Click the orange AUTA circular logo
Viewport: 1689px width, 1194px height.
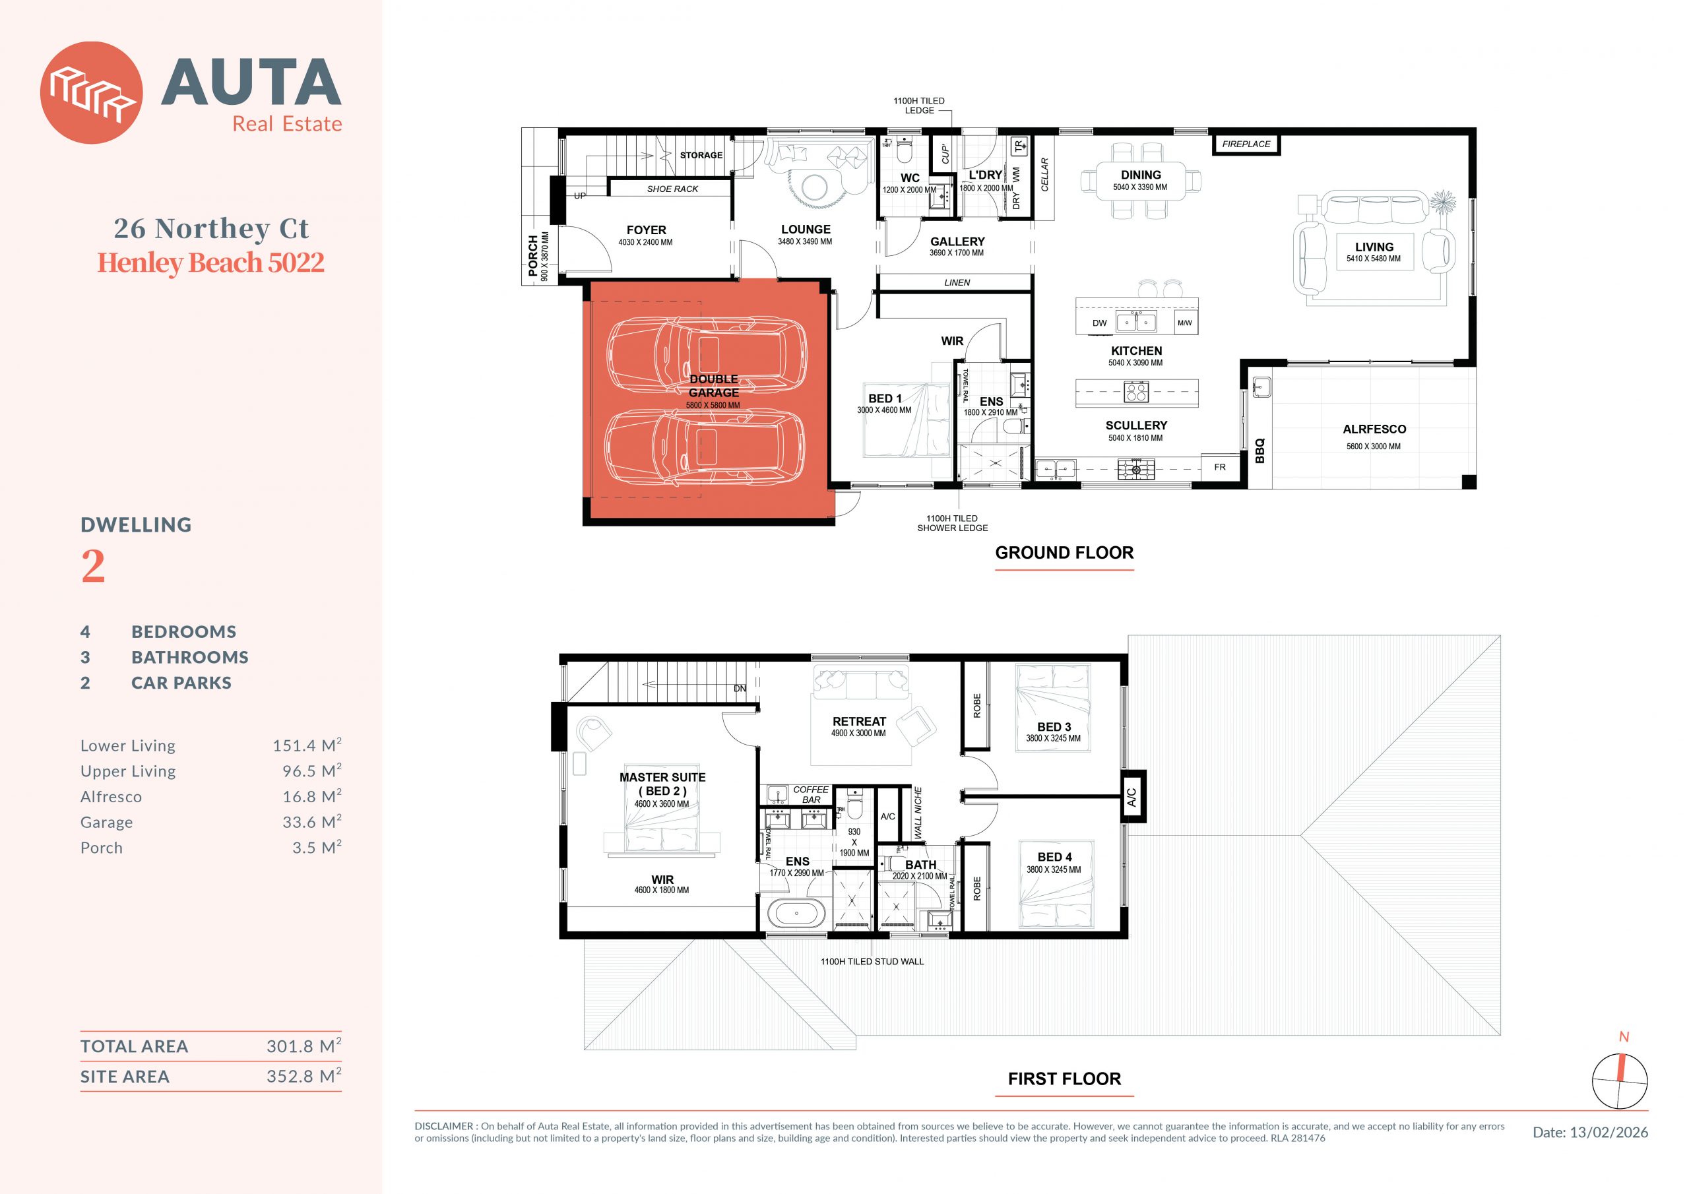tap(91, 93)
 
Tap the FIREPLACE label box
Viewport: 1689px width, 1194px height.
tap(1246, 144)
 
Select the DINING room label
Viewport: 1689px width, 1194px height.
tap(1141, 175)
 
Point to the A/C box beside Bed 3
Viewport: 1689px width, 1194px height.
tap(1133, 796)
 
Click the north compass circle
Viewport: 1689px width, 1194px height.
tap(1620, 1081)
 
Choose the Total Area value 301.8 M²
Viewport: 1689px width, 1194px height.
tap(303, 1046)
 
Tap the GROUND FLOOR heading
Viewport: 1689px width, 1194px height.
tap(1064, 553)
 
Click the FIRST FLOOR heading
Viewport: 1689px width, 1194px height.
tap(1064, 1079)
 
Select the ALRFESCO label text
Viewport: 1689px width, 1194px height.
tap(1374, 429)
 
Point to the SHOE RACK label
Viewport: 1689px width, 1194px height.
tap(672, 189)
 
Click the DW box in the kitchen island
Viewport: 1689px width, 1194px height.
tap(1100, 323)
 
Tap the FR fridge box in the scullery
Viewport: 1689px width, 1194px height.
tap(1220, 467)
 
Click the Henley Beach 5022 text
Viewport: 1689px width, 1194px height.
tap(210, 263)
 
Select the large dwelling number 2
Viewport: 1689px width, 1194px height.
tap(92, 566)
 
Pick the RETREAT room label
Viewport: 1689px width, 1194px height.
tap(859, 722)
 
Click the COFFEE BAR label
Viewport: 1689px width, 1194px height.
tap(811, 794)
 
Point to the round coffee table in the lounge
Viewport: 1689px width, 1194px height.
tap(815, 187)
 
